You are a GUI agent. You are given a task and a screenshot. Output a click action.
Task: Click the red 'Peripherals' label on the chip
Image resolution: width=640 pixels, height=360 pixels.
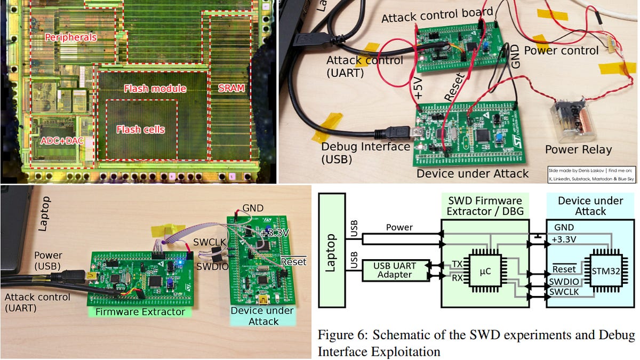tap(71, 37)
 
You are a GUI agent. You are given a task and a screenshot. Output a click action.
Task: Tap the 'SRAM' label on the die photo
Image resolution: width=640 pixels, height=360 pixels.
tap(230, 89)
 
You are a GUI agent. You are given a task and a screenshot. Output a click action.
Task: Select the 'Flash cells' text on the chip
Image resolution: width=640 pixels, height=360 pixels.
tap(140, 130)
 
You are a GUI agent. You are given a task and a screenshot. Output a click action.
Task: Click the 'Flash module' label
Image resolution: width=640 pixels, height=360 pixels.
tap(155, 89)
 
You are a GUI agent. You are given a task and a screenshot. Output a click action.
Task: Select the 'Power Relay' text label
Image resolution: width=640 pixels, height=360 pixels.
tap(578, 149)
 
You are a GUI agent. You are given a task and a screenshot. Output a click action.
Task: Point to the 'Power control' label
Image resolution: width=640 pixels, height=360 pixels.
tap(562, 51)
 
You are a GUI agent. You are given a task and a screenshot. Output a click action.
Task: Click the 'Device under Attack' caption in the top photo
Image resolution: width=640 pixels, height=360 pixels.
tap(473, 173)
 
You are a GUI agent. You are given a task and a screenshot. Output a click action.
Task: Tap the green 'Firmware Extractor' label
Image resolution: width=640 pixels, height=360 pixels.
tap(140, 311)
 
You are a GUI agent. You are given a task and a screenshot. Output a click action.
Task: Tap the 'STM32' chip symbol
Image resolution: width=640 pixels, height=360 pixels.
tap(606, 271)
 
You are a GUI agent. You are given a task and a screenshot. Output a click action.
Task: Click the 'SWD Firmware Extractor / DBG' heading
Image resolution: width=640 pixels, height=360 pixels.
tap(485, 206)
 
